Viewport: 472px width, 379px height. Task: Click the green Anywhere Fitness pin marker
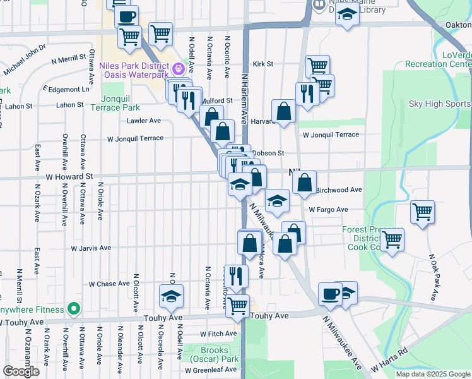point(74,310)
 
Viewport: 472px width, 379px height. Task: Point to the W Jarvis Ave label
point(91,248)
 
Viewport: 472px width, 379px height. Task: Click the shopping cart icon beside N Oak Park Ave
point(422,213)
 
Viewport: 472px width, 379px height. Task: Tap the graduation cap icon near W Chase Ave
point(171,295)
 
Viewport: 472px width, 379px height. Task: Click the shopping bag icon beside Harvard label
point(284,111)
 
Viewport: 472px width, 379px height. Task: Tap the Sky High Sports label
point(439,104)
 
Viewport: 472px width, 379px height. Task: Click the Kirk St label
point(263,64)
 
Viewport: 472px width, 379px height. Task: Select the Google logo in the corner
point(21,371)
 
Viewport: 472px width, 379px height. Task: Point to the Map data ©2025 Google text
point(433,374)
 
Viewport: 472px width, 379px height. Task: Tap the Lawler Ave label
point(143,120)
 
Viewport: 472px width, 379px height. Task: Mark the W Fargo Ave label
point(328,210)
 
